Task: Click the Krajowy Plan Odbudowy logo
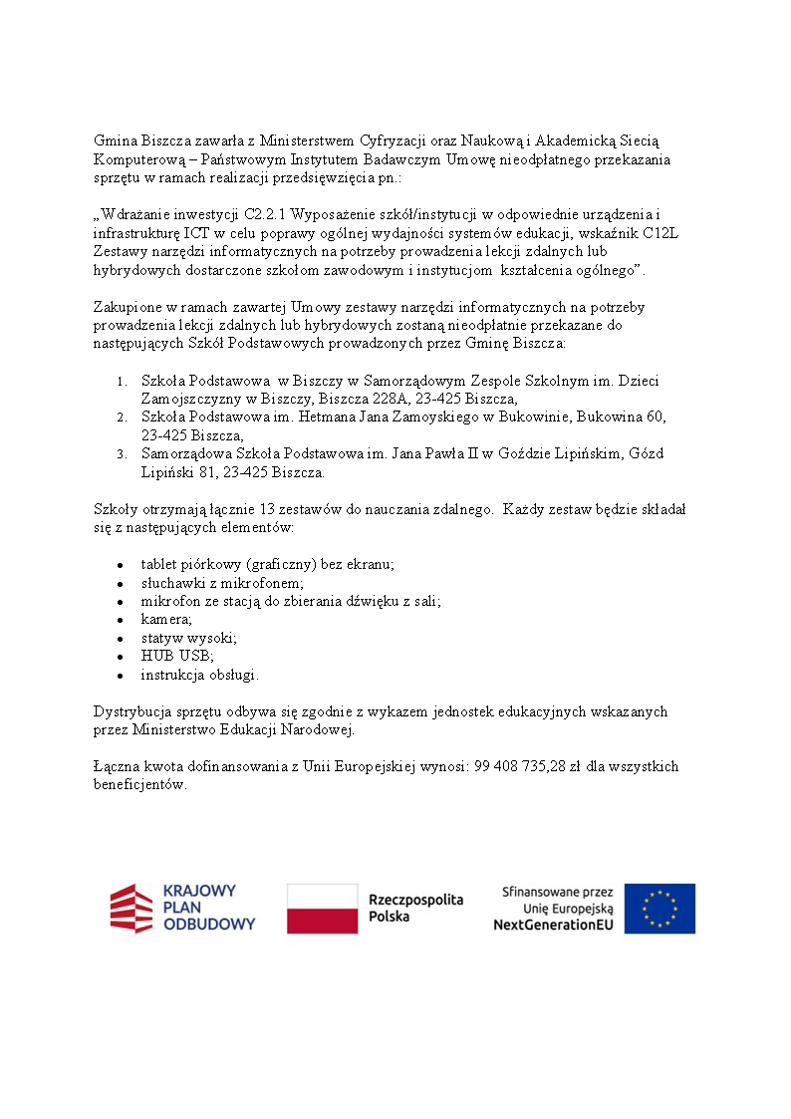coord(182,908)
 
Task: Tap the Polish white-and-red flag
coord(322,908)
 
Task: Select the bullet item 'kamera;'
coord(166,619)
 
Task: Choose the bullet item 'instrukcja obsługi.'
coord(199,675)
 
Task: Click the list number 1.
coord(121,382)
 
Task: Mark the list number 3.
coord(121,454)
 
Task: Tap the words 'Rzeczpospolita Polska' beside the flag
coord(415,908)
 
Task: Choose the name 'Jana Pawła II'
coord(430,453)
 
